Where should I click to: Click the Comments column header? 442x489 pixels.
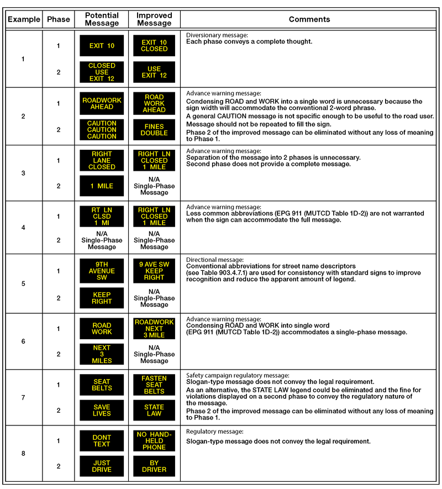pyautogui.click(x=309, y=19)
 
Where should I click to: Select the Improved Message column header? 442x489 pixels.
pyautogui.click(x=154, y=19)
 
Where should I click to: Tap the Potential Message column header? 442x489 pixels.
pyautogui.click(x=102, y=19)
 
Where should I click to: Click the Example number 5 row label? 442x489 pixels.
pyautogui.click(x=23, y=284)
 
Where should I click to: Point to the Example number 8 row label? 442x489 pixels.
pyautogui.click(x=23, y=454)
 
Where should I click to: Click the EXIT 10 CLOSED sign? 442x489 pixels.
pyautogui.click(x=154, y=46)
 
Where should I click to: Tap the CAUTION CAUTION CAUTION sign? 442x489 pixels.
pyautogui.click(x=102, y=130)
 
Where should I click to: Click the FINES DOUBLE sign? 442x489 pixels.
pyautogui.click(x=154, y=130)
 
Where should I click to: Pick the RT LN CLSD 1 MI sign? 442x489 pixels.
pyautogui.click(x=102, y=216)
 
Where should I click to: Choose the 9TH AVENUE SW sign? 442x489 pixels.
pyautogui.click(x=102, y=271)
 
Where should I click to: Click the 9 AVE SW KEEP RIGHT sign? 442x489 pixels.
pyautogui.click(x=154, y=271)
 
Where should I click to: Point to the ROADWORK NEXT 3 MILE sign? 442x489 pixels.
pyautogui.click(x=154, y=329)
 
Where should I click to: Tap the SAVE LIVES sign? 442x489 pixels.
pyautogui.click(x=102, y=411)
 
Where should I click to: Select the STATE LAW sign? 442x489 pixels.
pyautogui.click(x=154, y=411)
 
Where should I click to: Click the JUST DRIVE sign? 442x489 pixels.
pyautogui.click(x=102, y=466)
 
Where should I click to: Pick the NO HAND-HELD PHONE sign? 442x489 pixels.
pyautogui.click(x=154, y=441)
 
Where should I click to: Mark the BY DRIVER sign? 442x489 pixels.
pyautogui.click(x=154, y=466)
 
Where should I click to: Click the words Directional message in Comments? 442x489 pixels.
pyautogui.click(x=215, y=260)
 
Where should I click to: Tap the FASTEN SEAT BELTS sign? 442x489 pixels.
pyautogui.click(x=154, y=385)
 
